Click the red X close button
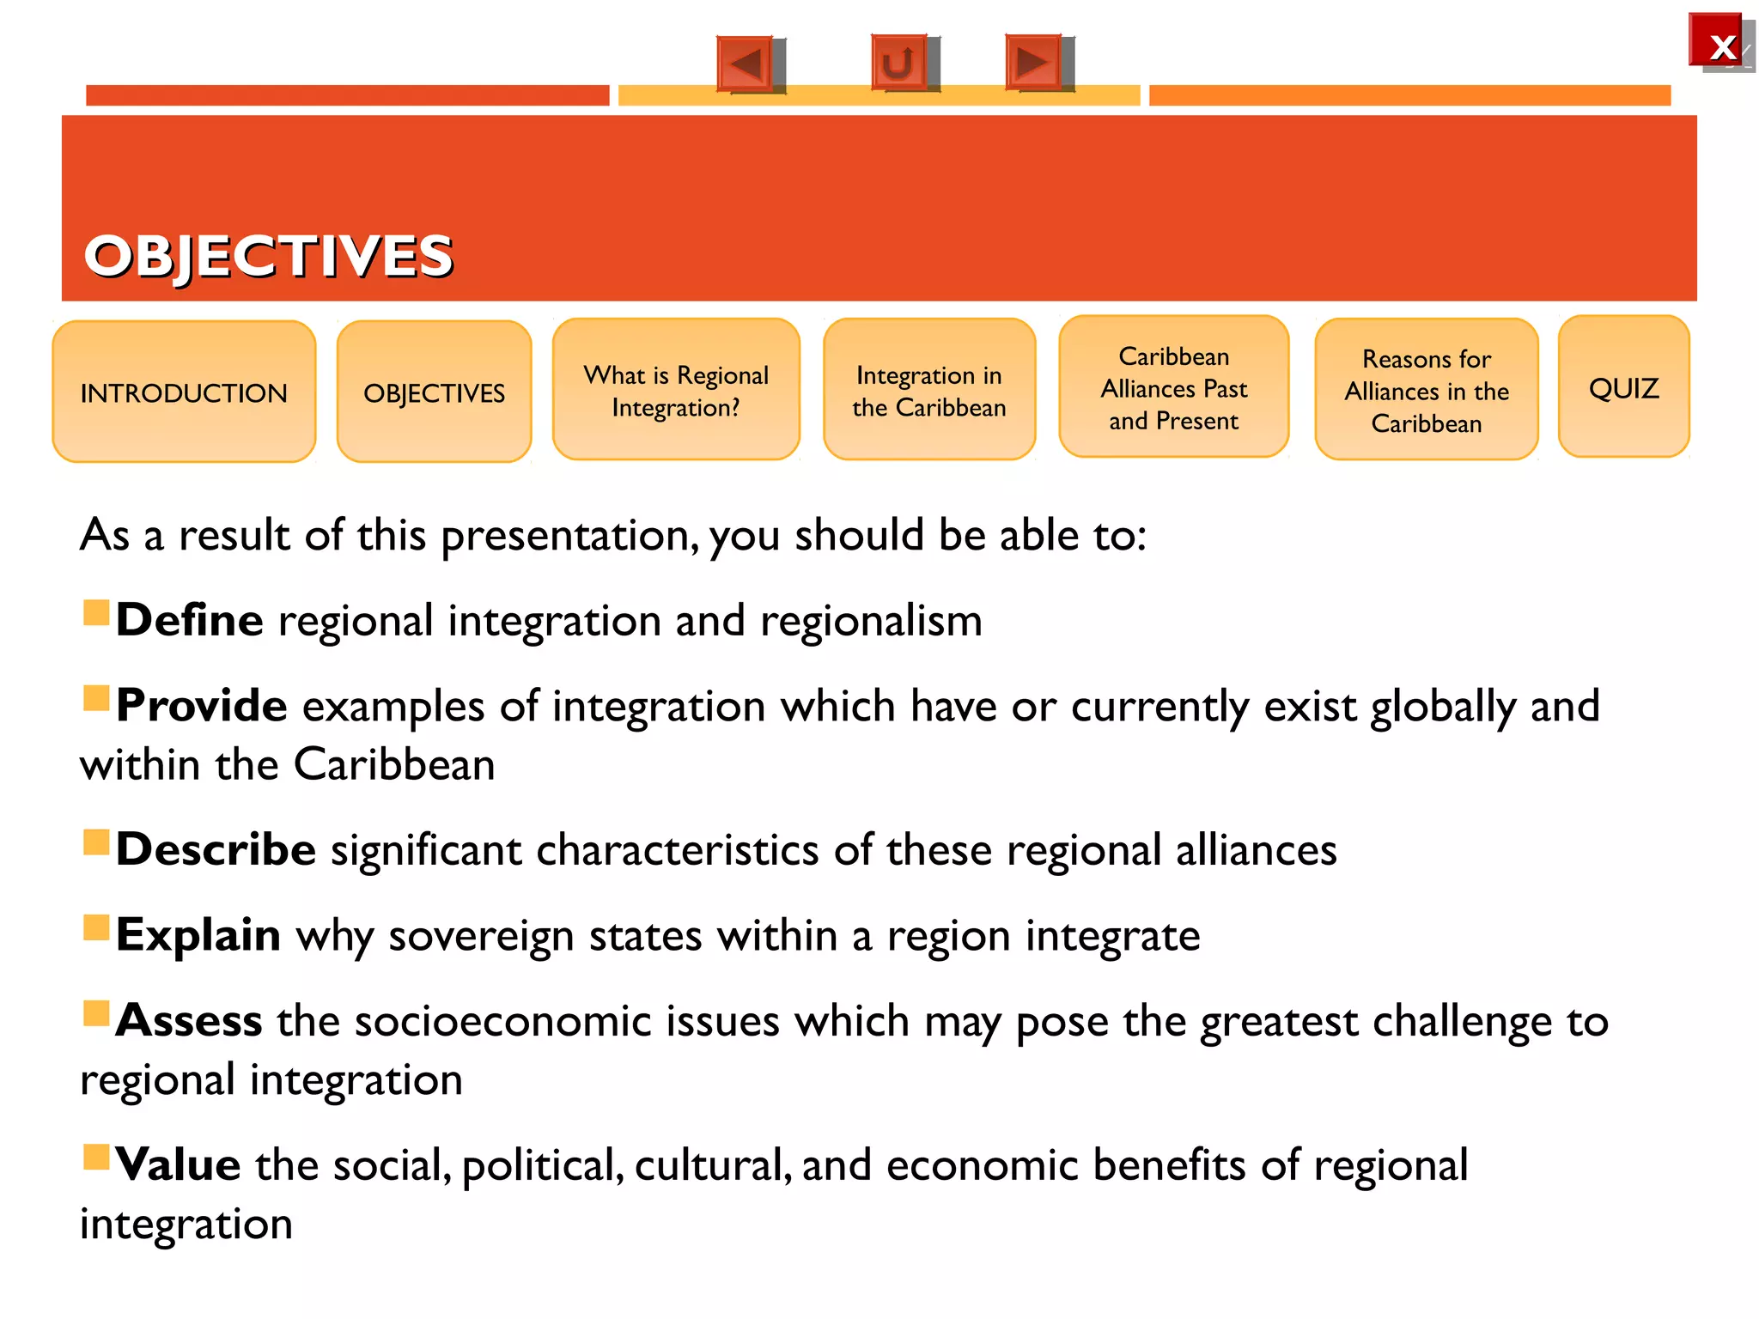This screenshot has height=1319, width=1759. (x=1716, y=41)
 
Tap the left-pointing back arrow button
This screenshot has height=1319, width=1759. (x=746, y=63)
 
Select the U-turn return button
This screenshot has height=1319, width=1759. (x=899, y=62)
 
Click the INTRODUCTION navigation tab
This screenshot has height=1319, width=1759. (x=184, y=392)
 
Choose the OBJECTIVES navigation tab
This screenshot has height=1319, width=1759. (x=434, y=392)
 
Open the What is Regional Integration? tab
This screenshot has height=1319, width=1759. (x=676, y=390)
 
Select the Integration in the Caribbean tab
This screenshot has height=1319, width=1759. (x=928, y=390)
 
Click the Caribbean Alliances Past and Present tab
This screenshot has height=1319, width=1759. (x=1173, y=387)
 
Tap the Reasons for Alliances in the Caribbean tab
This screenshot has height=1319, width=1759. (x=1426, y=390)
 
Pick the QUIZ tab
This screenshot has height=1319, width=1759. (x=1623, y=387)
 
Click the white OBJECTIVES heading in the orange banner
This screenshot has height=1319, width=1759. (x=268, y=256)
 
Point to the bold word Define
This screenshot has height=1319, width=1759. (x=190, y=620)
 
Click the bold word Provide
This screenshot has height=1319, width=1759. (x=202, y=706)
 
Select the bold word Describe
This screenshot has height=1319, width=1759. (x=216, y=849)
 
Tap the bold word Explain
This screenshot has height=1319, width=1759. (x=198, y=935)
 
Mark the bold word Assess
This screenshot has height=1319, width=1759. (x=190, y=1021)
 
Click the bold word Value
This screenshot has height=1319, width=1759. (x=179, y=1165)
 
